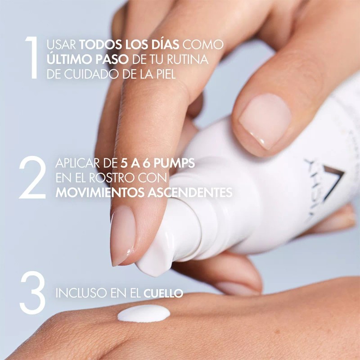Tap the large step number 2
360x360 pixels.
[32, 179]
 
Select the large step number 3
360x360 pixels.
[32, 293]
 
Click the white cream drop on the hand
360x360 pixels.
[144, 313]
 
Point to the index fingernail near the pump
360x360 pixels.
[122, 234]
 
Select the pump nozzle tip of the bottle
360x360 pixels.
[148, 265]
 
